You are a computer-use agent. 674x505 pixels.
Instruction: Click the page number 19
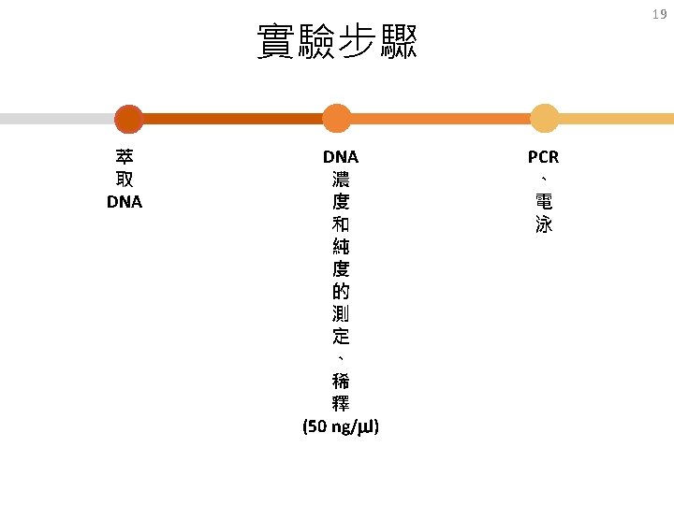point(659,14)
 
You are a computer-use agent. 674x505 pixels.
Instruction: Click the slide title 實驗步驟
point(337,41)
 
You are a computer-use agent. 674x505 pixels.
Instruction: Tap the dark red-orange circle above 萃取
point(128,119)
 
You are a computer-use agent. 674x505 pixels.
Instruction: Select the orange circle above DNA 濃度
point(337,119)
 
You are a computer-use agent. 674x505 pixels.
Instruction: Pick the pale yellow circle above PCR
point(544,119)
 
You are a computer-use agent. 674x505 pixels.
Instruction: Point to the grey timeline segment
point(57,119)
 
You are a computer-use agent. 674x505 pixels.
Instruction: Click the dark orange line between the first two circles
point(232,119)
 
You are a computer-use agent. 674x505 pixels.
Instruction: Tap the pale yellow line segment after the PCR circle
point(616,119)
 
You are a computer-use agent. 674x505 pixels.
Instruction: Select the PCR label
point(543,157)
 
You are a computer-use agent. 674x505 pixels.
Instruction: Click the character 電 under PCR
point(544,201)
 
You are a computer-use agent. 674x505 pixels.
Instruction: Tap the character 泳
point(544,224)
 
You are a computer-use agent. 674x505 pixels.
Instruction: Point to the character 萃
point(125,157)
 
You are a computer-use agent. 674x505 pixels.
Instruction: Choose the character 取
point(125,179)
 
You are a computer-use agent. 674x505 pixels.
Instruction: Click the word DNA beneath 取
point(125,202)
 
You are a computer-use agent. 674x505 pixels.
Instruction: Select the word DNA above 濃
point(341,157)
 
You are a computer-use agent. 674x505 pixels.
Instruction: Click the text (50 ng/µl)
point(341,426)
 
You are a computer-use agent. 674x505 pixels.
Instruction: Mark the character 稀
point(341,381)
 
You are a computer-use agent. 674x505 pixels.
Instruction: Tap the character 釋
point(341,403)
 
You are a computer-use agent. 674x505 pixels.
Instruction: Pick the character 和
point(341,224)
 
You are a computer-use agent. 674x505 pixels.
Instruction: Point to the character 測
point(341,313)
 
